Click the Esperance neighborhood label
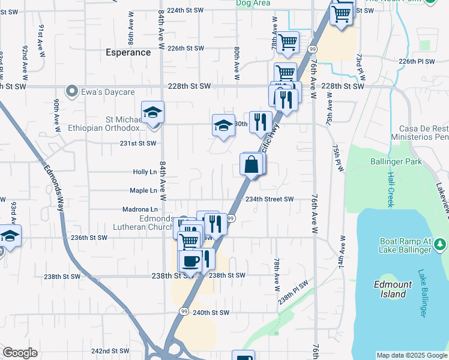coord(129,52)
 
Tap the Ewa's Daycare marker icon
coord(73,92)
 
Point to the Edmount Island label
coord(393,289)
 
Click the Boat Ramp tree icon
coord(440,244)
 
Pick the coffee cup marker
coord(190,262)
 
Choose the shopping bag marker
coord(251,164)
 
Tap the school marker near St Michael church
coord(153,112)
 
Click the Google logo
coord(20,352)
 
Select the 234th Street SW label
coord(269,199)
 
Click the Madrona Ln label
coord(139,209)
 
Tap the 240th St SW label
coord(211,313)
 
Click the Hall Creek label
coord(390,189)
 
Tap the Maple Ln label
coord(143,191)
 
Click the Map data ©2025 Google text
coord(411,355)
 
